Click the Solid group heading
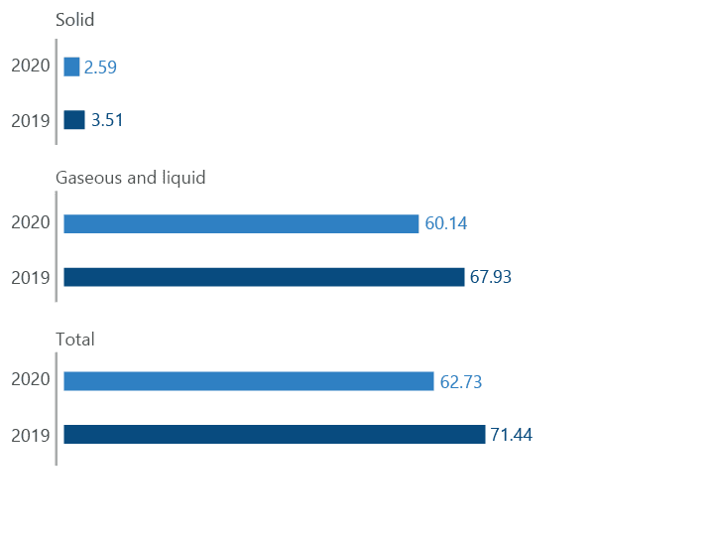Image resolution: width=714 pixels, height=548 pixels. click(75, 20)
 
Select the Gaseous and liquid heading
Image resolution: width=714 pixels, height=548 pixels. click(131, 178)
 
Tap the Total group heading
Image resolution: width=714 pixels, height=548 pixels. click(75, 340)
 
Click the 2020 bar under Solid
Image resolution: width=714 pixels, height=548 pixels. click(71, 68)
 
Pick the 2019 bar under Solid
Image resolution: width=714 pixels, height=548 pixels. click(74, 120)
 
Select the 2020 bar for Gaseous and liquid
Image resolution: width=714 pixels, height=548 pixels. click(241, 224)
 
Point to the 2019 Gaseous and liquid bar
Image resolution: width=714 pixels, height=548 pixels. click(264, 277)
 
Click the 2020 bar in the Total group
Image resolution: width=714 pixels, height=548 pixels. click(249, 381)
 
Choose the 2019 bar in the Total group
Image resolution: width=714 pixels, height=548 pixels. click(275, 435)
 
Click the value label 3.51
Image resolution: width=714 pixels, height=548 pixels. click(107, 120)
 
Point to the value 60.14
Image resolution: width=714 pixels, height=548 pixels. click(445, 224)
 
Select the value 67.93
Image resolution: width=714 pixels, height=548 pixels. click(491, 277)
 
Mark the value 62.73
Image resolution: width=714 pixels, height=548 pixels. click(460, 381)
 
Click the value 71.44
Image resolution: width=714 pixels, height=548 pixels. click(512, 435)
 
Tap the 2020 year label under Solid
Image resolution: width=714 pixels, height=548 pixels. click(30, 67)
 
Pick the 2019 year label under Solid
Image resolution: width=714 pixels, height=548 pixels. click(30, 120)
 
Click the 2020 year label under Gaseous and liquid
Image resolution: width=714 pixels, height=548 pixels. click(30, 222)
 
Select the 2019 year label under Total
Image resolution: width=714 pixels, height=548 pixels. click(30, 435)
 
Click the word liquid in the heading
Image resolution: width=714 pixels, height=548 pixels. click(182, 178)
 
